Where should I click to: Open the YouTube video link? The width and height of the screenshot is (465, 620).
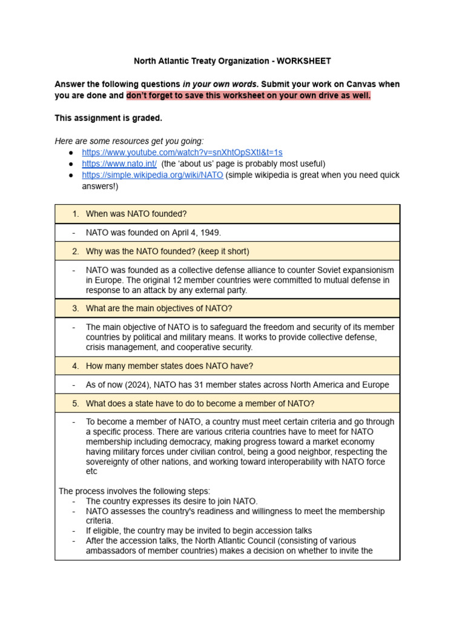coord(182,153)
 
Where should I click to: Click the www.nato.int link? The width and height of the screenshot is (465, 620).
coord(119,164)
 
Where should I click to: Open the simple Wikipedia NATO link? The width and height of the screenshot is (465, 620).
coord(153,175)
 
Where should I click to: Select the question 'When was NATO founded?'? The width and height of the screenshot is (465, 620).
coord(136,214)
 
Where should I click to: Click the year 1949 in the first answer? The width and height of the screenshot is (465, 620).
coord(211,232)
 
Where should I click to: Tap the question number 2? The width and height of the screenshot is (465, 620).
coord(76,251)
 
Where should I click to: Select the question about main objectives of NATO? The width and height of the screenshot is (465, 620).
coord(159,308)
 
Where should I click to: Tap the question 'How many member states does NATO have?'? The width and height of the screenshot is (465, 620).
coord(170,366)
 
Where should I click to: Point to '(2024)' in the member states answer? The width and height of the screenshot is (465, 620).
coord(132,385)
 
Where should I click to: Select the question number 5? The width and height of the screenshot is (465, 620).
coord(76,404)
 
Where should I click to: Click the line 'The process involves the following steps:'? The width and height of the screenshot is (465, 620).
coord(134,491)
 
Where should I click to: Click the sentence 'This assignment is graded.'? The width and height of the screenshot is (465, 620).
coord(108,118)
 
